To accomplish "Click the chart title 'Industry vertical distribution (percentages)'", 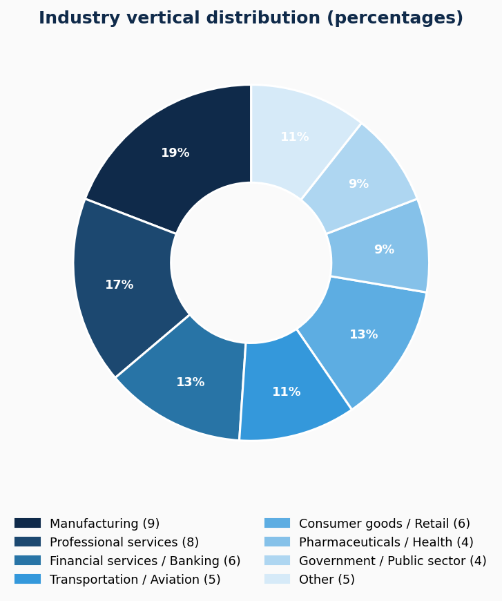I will pos(251,19).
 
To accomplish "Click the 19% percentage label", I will pos(175,153).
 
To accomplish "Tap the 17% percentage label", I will pos(119,285).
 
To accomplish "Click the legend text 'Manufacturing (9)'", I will pos(104,524).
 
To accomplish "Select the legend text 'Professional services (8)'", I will pos(124,542).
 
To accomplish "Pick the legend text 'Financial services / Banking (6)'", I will pos(145,561).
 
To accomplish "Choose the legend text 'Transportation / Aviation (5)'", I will pos(135,580).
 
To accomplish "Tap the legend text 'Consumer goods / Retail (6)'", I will pos(384,524).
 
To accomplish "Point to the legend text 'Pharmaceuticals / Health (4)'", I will pos(386,542).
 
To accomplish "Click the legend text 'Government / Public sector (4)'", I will pos(392,561).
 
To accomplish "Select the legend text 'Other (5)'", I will pos(327,580).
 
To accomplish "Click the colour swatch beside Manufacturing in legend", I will pos(28,524).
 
